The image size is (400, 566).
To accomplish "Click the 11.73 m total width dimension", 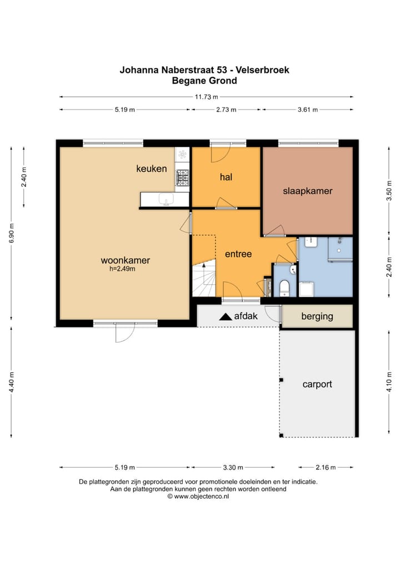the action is [206, 97].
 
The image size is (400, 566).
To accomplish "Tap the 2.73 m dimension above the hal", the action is [226, 110].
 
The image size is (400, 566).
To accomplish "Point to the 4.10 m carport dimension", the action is [389, 382].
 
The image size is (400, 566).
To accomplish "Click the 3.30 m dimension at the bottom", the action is [233, 468].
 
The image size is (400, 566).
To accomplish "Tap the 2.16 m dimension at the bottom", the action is [326, 468].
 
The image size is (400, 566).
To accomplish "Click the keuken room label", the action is [152, 168].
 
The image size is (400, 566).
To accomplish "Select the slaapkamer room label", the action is [308, 191].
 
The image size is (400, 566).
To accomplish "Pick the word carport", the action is [317, 384].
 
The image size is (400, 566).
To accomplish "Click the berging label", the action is [317, 316].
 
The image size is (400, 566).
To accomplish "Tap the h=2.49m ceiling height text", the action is [122, 269].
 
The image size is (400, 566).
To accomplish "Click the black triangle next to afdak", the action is [226, 316].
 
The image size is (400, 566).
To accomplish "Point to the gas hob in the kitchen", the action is [183, 177].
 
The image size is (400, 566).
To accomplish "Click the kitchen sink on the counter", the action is [167, 199].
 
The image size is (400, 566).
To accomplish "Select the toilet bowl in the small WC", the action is [284, 287].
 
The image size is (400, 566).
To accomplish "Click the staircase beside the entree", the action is [204, 278].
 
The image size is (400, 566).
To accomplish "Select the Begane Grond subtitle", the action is [204, 81].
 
